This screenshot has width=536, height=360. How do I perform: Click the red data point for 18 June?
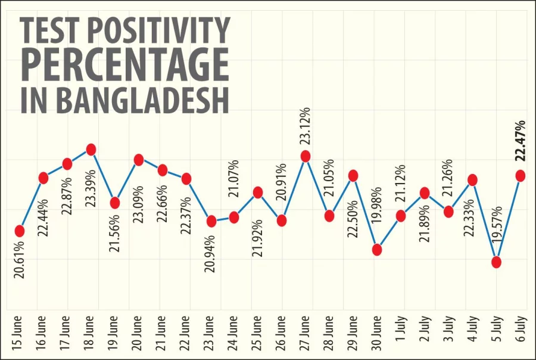point(91,150)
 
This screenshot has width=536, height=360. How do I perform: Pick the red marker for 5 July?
point(497,262)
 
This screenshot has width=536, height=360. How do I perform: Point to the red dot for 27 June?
point(306,156)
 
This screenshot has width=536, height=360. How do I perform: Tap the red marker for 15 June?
point(19,231)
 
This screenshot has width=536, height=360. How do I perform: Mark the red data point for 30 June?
point(377,250)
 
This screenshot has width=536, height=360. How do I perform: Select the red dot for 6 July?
point(520,175)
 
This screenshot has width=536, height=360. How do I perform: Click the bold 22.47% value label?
point(520,141)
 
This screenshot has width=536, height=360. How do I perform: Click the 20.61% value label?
point(19,261)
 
